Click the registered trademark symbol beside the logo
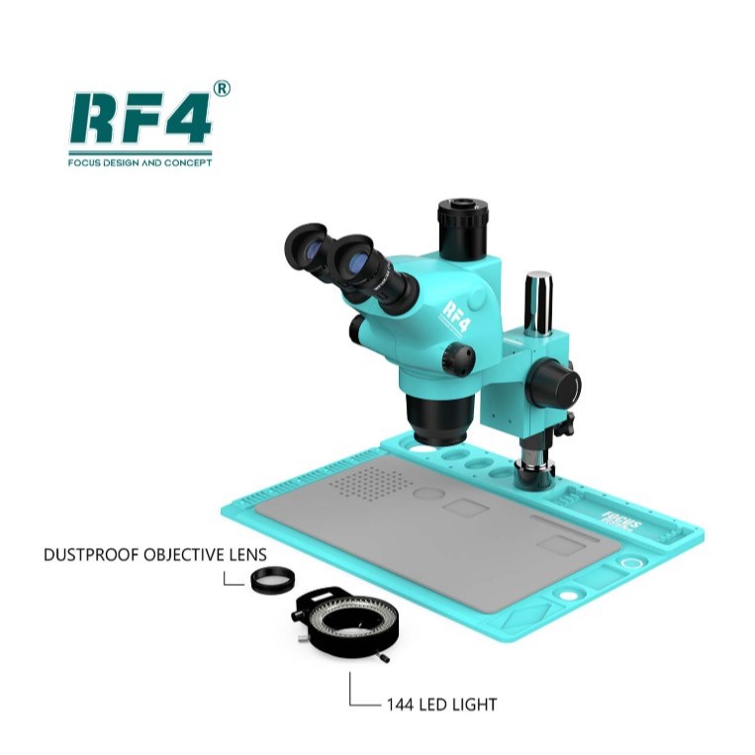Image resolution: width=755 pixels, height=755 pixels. (222, 89)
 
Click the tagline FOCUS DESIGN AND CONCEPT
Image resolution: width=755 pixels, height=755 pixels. (140, 162)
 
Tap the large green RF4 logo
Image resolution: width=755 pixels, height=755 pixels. (140, 119)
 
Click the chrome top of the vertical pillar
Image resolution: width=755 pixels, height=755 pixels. (538, 302)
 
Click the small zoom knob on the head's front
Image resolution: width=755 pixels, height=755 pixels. (457, 358)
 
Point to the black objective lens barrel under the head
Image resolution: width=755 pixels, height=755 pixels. (436, 417)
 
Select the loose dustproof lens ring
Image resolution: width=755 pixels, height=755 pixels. (271, 580)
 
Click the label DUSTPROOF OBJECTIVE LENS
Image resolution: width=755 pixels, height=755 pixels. (154, 554)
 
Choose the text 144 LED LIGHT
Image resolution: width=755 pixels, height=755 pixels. (441, 705)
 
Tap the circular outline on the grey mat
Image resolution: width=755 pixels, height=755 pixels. (427, 493)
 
